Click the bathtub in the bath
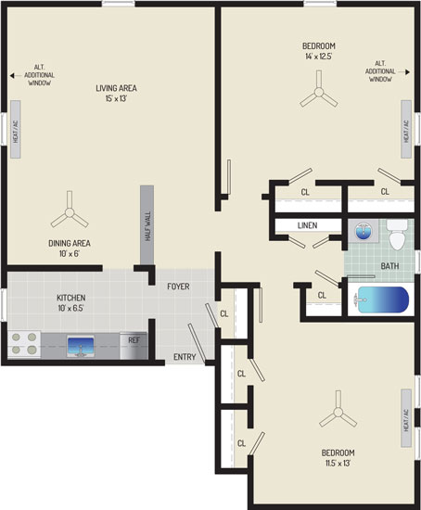(383, 300)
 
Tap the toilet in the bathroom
(397, 235)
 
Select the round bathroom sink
(364, 231)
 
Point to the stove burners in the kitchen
(24, 344)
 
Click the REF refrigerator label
(134, 340)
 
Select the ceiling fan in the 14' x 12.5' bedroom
(319, 92)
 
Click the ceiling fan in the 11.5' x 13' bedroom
(338, 412)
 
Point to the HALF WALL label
(147, 226)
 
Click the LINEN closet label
(308, 225)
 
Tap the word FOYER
(178, 287)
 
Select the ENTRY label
(185, 357)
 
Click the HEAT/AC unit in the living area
(16, 130)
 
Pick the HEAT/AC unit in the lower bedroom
(406, 418)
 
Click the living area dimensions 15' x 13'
(116, 98)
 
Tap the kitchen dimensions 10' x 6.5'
(70, 308)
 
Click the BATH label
(389, 266)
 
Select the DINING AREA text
(70, 243)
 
